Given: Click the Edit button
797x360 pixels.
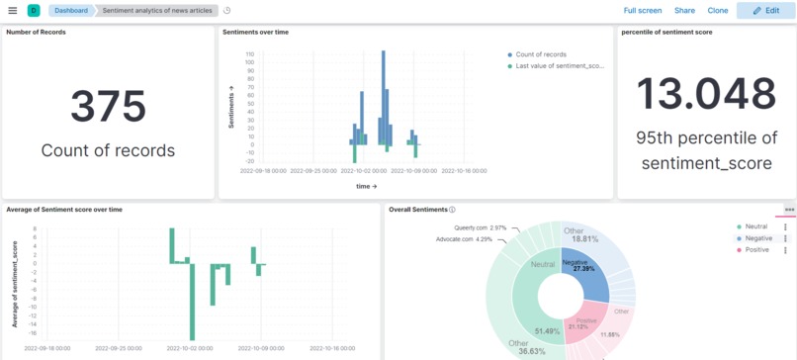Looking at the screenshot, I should tap(764, 11).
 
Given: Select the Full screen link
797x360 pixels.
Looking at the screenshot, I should tap(643, 11).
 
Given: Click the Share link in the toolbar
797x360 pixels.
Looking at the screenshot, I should tap(684, 11).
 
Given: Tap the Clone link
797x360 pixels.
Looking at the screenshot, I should tap(718, 11).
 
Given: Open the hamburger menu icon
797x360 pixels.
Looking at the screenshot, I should tap(13, 11).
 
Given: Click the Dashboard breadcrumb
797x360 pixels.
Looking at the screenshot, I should tap(70, 11).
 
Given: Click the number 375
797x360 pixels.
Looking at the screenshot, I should tap(108, 106).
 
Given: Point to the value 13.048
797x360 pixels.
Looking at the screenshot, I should tap(705, 94).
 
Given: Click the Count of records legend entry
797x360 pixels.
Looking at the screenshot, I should tap(541, 54).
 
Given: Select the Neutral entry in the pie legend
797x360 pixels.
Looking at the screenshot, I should tap(756, 226).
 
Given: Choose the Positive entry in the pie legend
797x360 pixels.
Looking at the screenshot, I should tap(758, 250).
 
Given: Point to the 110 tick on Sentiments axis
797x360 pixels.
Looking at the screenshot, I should tap(249, 54).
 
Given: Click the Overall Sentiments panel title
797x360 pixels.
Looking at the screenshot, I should tap(418, 210).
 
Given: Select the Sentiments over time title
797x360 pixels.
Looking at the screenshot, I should tap(256, 32).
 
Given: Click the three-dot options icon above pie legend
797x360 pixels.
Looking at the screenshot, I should tap(789, 210).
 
